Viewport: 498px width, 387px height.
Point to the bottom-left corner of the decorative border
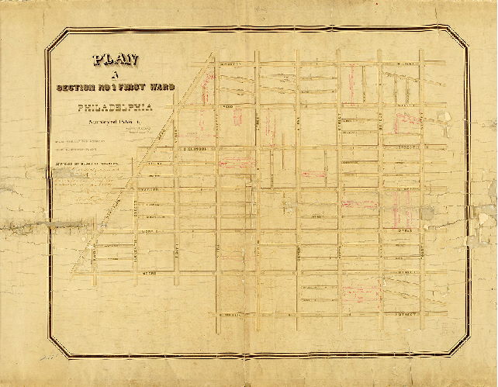pyautogui.click(x=48, y=339)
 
